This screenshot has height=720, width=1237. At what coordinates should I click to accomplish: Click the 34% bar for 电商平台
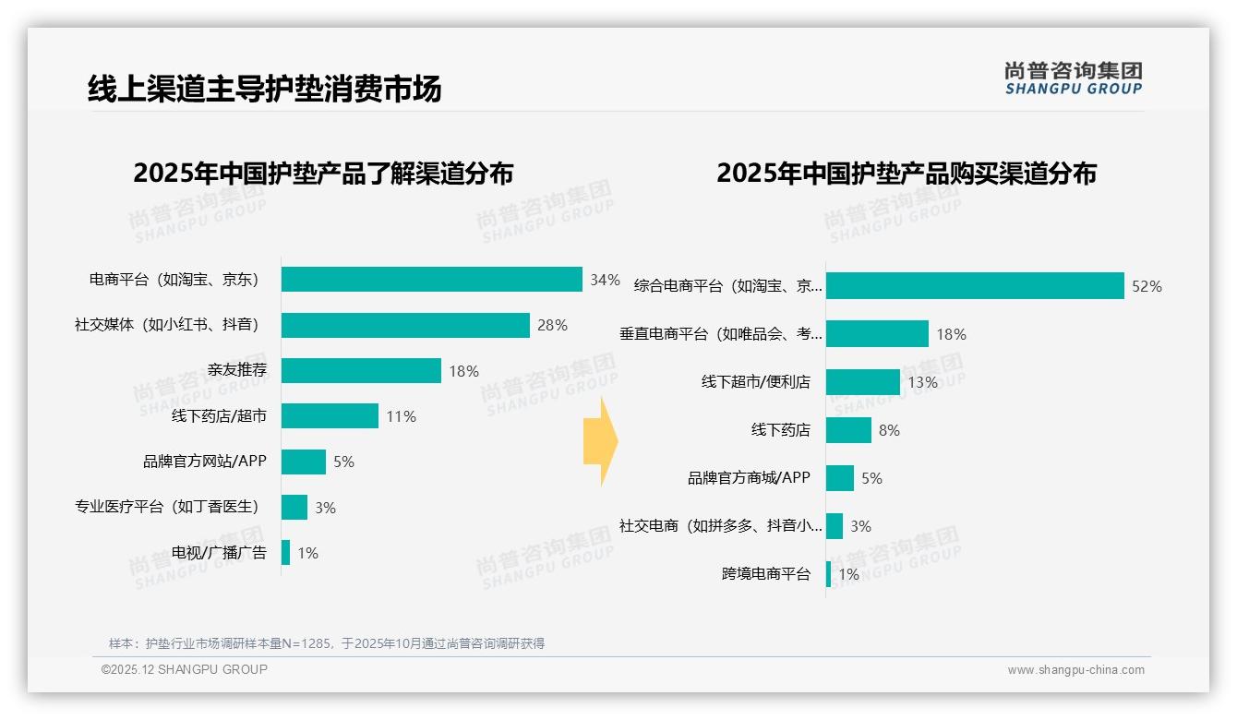pyautogui.click(x=431, y=280)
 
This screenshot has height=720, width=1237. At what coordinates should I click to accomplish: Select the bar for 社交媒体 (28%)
pyautogui.click(x=405, y=325)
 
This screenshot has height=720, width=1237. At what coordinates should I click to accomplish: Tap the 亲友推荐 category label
pyautogui.click(x=237, y=371)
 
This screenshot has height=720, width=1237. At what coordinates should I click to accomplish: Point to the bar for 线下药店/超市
pyautogui.click(x=330, y=416)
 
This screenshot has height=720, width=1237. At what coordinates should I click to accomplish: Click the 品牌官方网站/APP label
pyautogui.click(x=204, y=462)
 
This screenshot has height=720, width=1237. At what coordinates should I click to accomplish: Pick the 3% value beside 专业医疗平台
pyautogui.click(x=325, y=508)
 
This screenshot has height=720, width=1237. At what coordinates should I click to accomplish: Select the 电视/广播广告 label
pyautogui.click(x=219, y=553)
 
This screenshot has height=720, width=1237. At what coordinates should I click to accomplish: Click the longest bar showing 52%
pyautogui.click(x=975, y=286)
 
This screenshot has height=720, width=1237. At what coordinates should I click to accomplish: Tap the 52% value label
pyautogui.click(x=1147, y=286)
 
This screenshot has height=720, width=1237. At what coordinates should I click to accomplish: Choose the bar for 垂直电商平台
pyautogui.click(x=877, y=334)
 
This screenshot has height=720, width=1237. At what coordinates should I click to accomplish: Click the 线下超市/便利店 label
pyautogui.click(x=755, y=382)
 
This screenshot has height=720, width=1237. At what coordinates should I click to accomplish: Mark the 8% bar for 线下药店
pyautogui.click(x=848, y=430)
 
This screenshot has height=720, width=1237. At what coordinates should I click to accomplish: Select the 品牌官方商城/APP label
pyautogui.click(x=749, y=478)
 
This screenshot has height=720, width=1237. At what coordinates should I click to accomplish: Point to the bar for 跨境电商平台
pyautogui.click(x=828, y=574)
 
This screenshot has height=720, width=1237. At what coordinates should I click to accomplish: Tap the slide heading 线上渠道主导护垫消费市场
pyautogui.click(x=264, y=89)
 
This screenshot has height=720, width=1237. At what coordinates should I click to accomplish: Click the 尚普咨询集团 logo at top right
pyautogui.click(x=1073, y=78)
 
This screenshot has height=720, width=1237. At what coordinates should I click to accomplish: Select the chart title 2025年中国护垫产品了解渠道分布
pyautogui.click(x=323, y=174)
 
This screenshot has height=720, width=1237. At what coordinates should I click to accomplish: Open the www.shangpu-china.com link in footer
pyautogui.click(x=1075, y=670)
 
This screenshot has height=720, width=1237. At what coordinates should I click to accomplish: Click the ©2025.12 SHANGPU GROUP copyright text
pyautogui.click(x=185, y=669)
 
